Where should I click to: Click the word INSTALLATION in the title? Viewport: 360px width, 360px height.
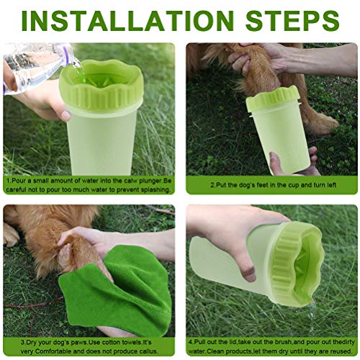pyautogui.click(x=127, y=20)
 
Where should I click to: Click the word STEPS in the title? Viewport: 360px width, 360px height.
pyautogui.click(x=292, y=20)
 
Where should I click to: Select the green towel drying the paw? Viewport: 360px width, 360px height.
pyautogui.click(x=115, y=289)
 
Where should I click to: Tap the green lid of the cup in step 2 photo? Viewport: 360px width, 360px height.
pyautogui.click(x=273, y=99)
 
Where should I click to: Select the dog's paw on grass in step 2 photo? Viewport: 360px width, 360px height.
pyautogui.click(x=322, y=124)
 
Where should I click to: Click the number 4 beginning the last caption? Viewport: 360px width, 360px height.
pyautogui.click(x=190, y=343)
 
